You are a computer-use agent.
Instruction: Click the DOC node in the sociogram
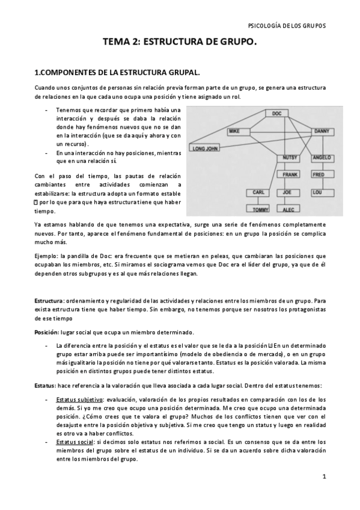tap(276, 113)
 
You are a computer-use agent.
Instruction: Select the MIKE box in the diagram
tap(234, 131)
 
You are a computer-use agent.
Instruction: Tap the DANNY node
tap(320, 131)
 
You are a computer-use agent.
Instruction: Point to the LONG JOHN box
tap(204, 147)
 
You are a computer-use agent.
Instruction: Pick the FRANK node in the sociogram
tap(291, 175)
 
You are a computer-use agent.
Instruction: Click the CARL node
tap(258, 193)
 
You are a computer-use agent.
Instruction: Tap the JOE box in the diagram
tap(288, 193)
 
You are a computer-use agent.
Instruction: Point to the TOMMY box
tap(261, 210)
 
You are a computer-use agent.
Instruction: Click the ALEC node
tap(288, 210)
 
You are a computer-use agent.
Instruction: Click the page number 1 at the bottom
tap(324, 477)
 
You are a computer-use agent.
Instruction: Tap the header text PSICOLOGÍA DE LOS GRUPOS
tap(287, 26)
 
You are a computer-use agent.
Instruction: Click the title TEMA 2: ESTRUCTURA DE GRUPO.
tap(180, 43)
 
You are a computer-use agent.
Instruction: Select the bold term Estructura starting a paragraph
tap(49, 300)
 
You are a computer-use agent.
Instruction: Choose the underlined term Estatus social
tap(75, 441)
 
